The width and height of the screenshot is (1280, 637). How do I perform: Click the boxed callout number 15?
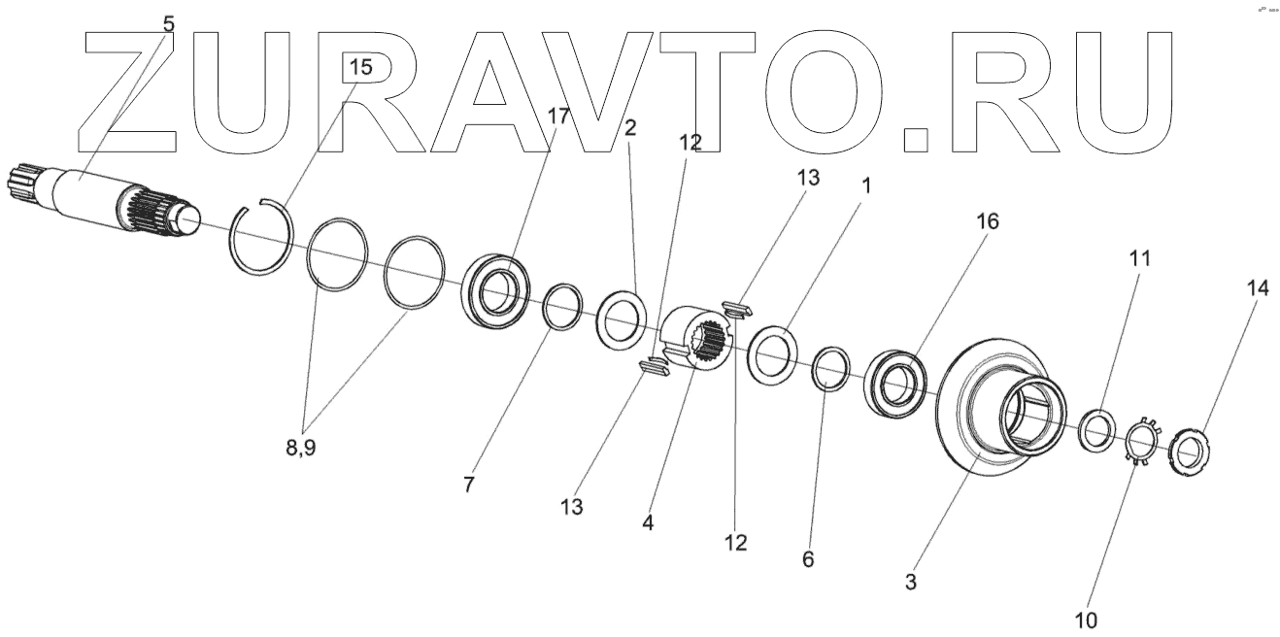[x=359, y=68]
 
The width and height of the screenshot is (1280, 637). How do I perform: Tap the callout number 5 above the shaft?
[x=168, y=24]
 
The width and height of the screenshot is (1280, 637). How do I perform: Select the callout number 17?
[x=558, y=116]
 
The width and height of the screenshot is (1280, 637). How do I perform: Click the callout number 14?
[x=1258, y=287]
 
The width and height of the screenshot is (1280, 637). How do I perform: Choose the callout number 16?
[x=987, y=222]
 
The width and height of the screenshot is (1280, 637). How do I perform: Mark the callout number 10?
[x=1086, y=619]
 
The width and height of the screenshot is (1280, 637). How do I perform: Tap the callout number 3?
[x=911, y=583]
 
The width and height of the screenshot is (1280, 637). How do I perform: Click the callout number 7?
[x=469, y=485]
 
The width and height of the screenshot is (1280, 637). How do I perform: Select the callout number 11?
[x=1140, y=259]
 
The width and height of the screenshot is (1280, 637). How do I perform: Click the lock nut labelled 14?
[x=1190, y=451]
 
